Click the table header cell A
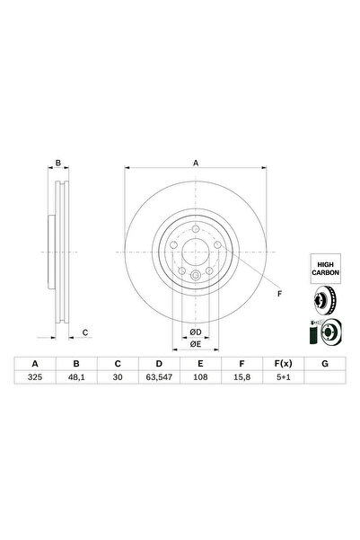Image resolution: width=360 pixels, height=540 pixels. pos(35,364)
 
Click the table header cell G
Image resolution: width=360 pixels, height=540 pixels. pos(323,364)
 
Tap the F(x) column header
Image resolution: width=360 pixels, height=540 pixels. pos(282,364)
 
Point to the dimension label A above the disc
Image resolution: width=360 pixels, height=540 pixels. pos(197,163)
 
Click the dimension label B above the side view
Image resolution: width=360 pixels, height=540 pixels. pos(58,164)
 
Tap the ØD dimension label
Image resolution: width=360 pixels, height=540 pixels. pos(195,332)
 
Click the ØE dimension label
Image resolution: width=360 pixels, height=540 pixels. pos(195,343)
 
